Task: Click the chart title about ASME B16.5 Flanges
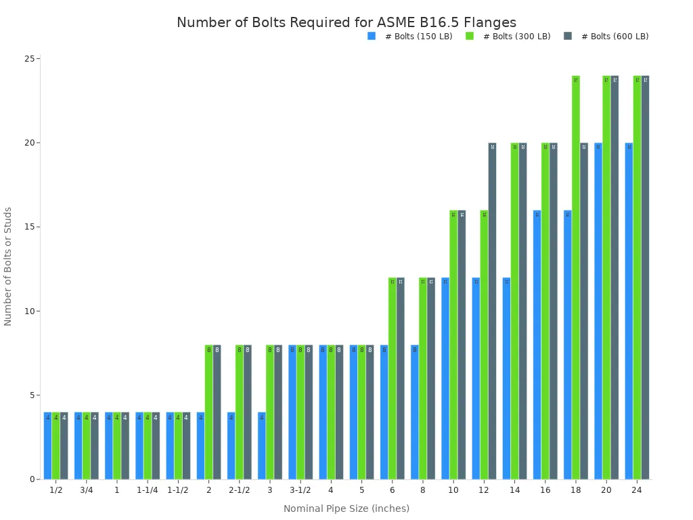pyautogui.click(x=346, y=23)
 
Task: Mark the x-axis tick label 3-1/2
pyautogui.click(x=300, y=490)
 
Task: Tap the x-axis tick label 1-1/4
pyautogui.click(x=147, y=490)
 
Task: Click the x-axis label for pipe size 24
pyautogui.click(x=636, y=490)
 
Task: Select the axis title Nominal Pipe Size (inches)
pyautogui.click(x=346, y=508)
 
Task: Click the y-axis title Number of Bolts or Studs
pyautogui.click(x=8, y=266)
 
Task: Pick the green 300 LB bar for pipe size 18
pyautogui.click(x=576, y=278)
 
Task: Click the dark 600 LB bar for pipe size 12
pyautogui.click(x=492, y=311)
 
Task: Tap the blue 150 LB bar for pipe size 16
pyautogui.click(x=537, y=345)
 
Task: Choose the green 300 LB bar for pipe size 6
pyautogui.click(x=393, y=378)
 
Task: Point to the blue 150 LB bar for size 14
pyautogui.click(x=506, y=378)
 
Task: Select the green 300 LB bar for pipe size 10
pyautogui.click(x=453, y=345)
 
